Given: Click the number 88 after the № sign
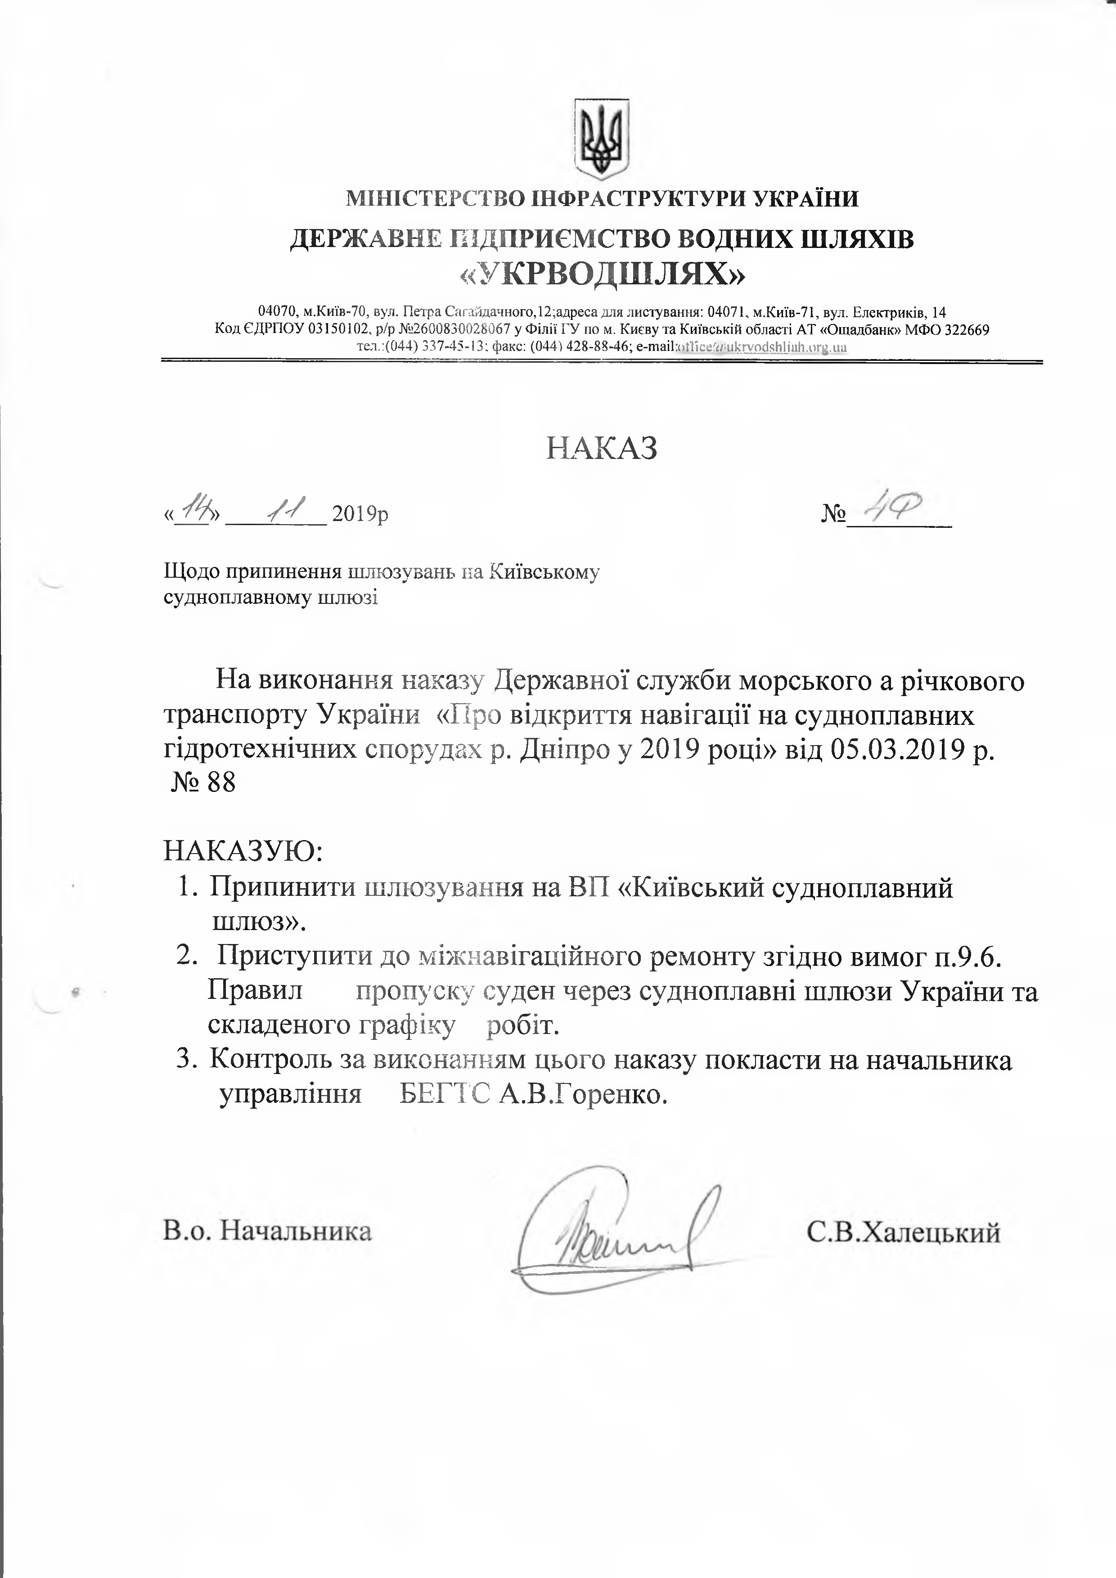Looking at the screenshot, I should coord(220,783).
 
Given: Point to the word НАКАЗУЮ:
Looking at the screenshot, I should coord(243,852).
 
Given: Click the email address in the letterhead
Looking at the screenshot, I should coord(761,347).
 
